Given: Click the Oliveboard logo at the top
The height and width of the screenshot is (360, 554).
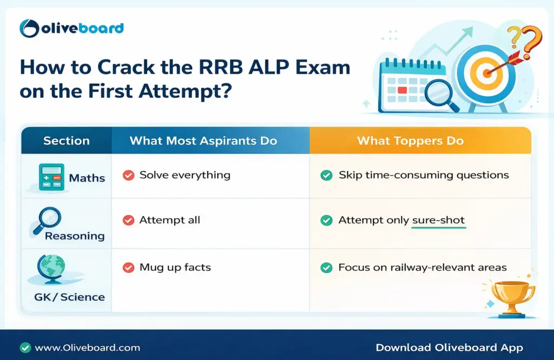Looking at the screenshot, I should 71,28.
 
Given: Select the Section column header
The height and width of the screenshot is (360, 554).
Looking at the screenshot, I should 65,141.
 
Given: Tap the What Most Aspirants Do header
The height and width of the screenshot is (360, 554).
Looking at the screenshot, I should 203,141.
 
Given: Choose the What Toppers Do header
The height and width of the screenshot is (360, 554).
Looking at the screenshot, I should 410,141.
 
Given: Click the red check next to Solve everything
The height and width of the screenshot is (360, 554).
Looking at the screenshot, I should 128,175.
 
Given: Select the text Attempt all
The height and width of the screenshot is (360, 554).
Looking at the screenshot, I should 169,220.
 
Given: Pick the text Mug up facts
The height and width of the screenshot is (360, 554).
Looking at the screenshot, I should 175,267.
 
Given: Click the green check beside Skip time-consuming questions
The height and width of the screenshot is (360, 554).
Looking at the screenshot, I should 326,175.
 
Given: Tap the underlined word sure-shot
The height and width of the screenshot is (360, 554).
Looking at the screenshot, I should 438,221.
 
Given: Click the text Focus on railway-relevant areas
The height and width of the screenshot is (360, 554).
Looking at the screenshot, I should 422,267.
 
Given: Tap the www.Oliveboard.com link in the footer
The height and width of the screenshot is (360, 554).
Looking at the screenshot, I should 87,348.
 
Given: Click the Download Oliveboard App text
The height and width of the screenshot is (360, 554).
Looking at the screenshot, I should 449,348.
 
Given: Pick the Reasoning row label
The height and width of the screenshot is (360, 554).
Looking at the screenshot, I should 75,236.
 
